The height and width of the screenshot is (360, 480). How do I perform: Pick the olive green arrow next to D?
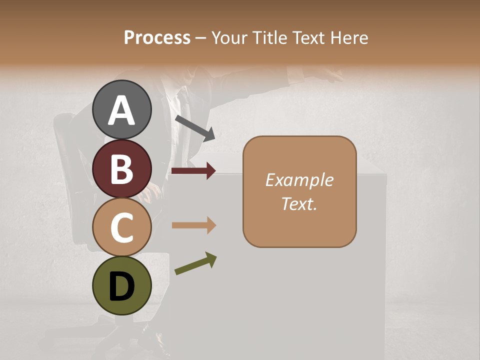[x=195, y=263]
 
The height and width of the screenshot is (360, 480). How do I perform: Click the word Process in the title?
[x=157, y=37]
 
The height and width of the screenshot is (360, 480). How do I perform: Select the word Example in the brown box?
[x=299, y=180]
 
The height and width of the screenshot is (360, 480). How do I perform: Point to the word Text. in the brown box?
[x=299, y=203]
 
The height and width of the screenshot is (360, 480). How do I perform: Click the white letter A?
[x=121, y=110]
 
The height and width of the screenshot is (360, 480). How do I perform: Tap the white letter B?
[x=121, y=169]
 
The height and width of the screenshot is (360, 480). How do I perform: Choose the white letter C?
[x=121, y=227]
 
